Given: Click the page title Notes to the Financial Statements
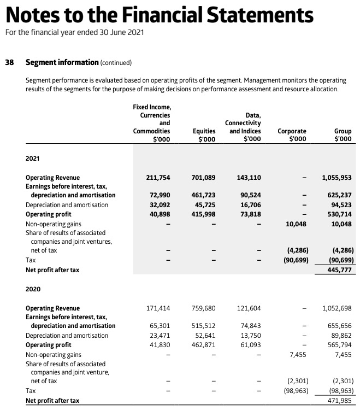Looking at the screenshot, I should coord(159,14).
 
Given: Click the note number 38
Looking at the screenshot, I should coord(9,62).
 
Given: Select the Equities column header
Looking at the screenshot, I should coord(204,135).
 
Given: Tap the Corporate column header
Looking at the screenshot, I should coord(292,135).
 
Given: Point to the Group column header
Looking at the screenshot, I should coord(343,135).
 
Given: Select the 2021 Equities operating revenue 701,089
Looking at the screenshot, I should coord(204,178).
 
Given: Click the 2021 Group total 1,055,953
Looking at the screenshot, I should coord(337,178).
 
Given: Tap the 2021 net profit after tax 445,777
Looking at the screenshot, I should coord(339,270).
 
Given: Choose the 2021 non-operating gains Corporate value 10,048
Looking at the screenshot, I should coord(296,224).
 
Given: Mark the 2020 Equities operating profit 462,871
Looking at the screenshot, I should coord(204,345).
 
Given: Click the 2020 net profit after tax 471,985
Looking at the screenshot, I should coord(339,401).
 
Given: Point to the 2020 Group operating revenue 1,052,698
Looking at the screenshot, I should coord(337,308).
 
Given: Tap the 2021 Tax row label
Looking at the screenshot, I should coord(31,260).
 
